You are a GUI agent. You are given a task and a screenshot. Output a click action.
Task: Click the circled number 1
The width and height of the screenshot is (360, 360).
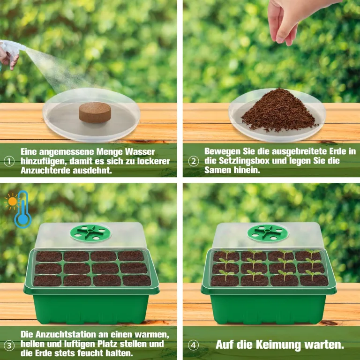click(9, 161)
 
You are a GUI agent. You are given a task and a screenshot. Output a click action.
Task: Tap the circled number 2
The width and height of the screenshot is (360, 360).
click(193, 161)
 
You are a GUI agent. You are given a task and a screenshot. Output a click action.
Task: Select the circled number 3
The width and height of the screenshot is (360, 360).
click(9, 345)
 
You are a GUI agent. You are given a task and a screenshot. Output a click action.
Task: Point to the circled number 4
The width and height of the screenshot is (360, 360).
click(193, 345)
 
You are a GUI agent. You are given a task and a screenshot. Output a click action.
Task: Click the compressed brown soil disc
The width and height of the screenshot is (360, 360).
click(95, 112)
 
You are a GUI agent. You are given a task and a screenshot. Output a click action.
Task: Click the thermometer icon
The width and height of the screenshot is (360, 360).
click(22, 210)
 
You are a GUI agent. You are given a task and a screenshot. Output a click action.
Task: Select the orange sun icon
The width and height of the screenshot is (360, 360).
click(12, 202)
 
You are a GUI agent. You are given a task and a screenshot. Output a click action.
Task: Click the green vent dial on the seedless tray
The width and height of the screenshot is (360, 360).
click(90, 233)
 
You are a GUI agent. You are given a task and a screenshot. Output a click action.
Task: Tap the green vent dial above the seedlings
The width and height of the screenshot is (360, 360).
click(268, 233)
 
